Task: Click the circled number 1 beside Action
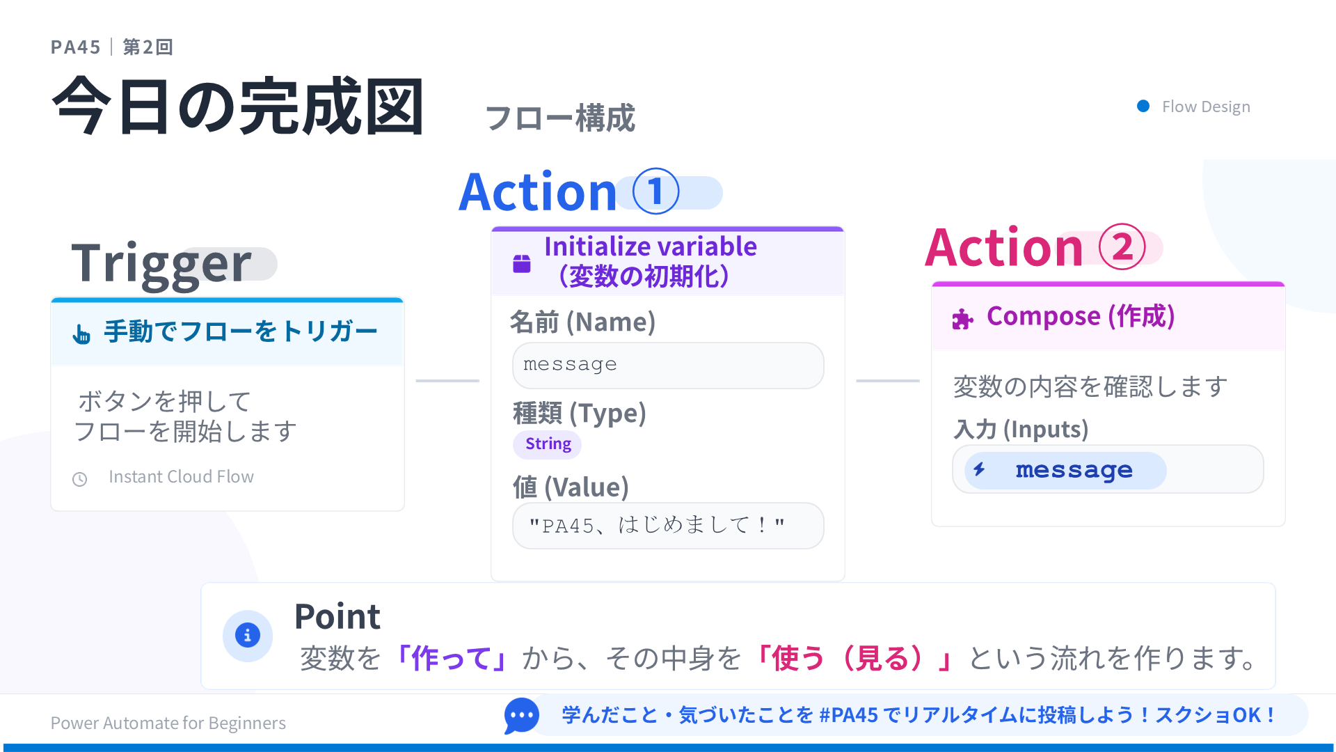click(x=655, y=191)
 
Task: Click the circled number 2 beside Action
click(x=1122, y=247)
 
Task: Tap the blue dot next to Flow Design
click(x=1143, y=106)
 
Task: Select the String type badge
click(x=548, y=444)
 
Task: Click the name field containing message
click(x=668, y=366)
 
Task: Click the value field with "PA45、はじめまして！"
click(x=668, y=526)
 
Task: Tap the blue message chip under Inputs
click(x=1065, y=470)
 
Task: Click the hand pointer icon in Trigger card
click(x=81, y=335)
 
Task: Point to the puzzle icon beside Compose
click(x=962, y=319)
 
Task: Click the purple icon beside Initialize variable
click(x=522, y=263)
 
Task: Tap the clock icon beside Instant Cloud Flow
click(x=80, y=479)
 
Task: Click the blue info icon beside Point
click(x=248, y=635)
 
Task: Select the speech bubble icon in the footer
click(x=521, y=715)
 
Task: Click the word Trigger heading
click(x=161, y=264)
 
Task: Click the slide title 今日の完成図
click(x=238, y=107)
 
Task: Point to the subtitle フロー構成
click(x=560, y=118)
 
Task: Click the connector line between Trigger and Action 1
click(x=447, y=381)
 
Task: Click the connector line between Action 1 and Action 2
click(x=888, y=381)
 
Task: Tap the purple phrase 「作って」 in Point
click(x=451, y=658)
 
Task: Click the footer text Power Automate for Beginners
click(x=168, y=723)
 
